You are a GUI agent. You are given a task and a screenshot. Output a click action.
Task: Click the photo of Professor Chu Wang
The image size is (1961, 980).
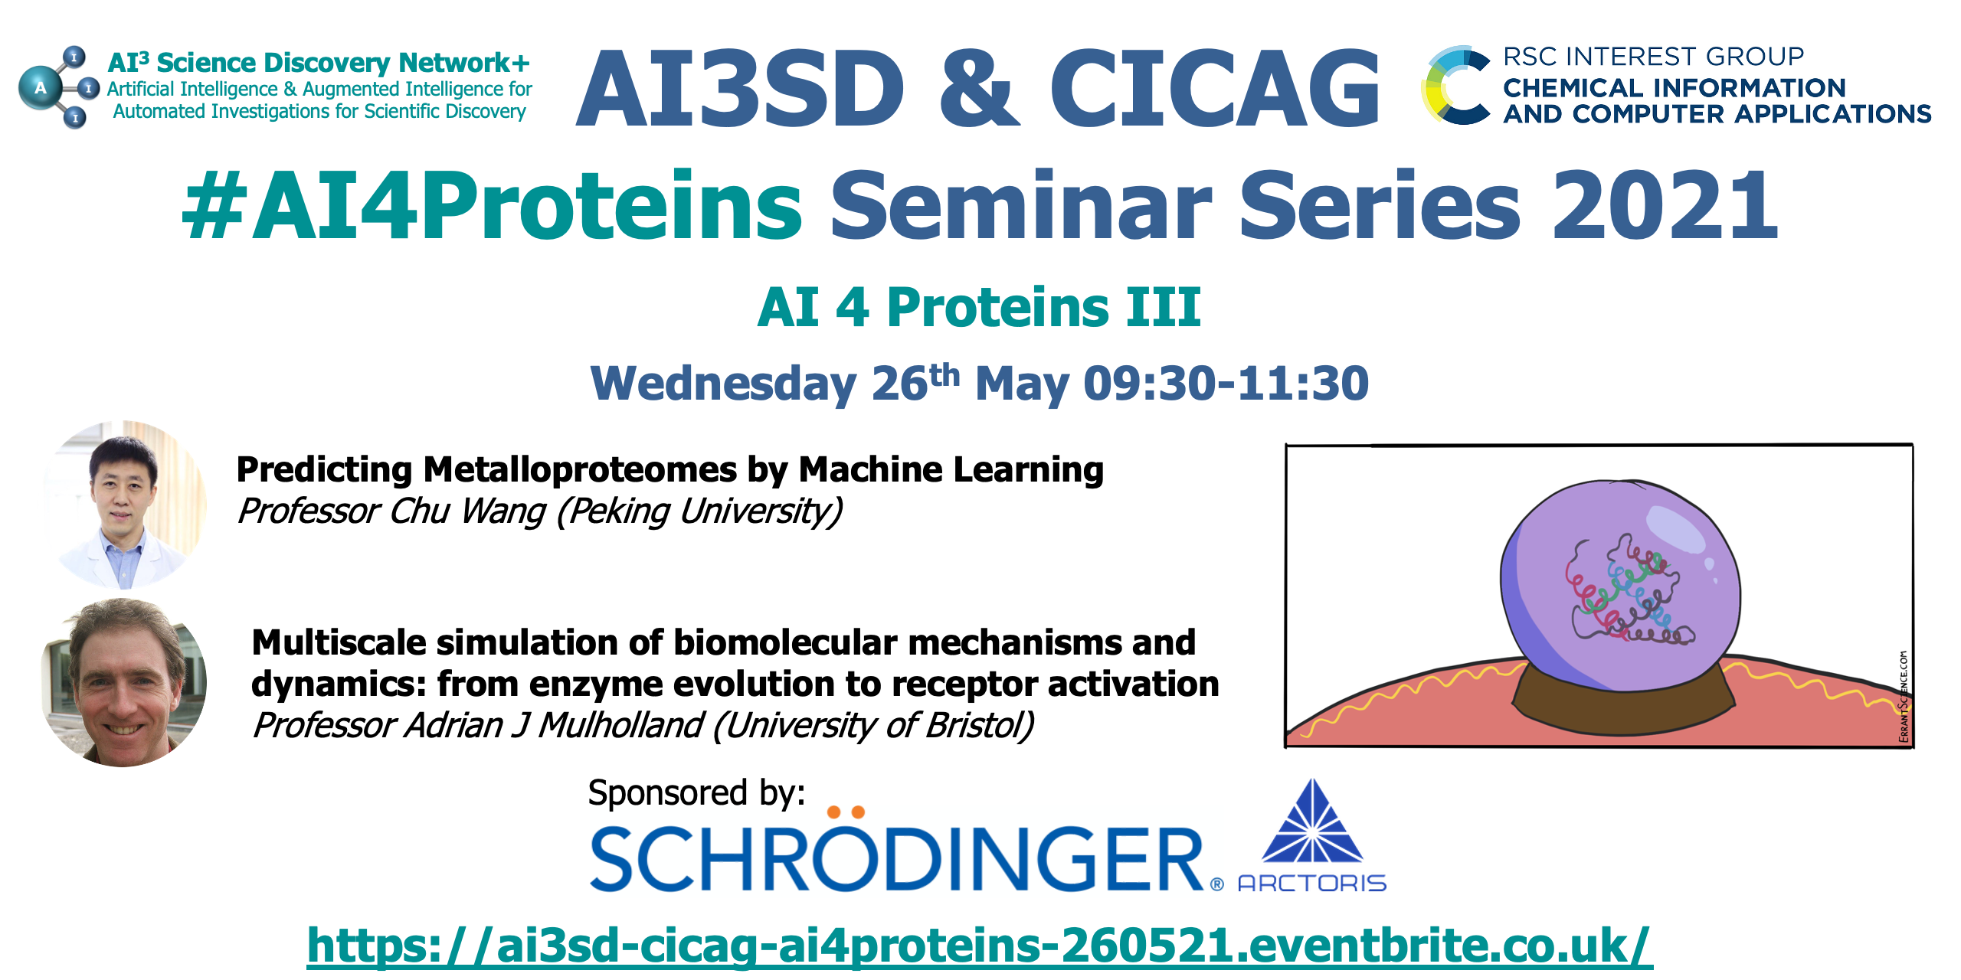click(x=124, y=504)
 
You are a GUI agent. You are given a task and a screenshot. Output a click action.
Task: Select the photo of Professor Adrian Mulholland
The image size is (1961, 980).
click(x=124, y=682)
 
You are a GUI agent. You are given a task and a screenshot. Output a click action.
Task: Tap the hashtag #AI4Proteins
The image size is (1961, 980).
click(x=492, y=205)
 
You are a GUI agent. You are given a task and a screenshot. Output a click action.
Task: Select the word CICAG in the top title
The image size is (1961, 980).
click(x=1215, y=87)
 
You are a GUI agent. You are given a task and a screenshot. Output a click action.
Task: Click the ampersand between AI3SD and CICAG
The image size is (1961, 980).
click(x=979, y=87)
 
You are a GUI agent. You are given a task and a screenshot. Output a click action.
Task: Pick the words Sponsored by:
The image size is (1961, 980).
click(x=696, y=793)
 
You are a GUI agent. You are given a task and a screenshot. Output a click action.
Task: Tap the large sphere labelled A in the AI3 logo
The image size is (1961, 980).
click(x=40, y=89)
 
